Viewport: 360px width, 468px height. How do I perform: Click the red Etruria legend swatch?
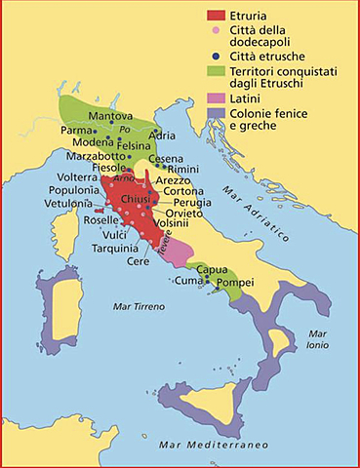217,15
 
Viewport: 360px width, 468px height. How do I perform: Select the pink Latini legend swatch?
217,100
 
